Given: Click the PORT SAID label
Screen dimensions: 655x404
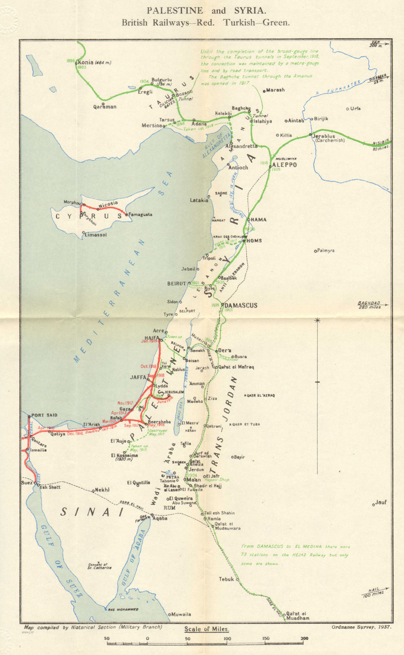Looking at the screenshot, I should click(44, 415).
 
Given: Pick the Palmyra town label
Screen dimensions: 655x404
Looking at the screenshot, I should click(326, 251).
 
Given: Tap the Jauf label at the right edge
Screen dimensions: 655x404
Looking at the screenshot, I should click(381, 502).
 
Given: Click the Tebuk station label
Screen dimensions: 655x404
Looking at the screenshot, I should click(226, 579).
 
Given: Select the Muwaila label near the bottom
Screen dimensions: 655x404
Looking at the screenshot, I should click(181, 614).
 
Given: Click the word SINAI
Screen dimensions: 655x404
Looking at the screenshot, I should click(92, 512).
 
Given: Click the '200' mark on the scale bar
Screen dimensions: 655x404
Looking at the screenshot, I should click(304, 638).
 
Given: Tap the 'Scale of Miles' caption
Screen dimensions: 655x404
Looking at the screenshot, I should click(206, 629).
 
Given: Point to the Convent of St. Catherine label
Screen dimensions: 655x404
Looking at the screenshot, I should click(99, 566).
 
